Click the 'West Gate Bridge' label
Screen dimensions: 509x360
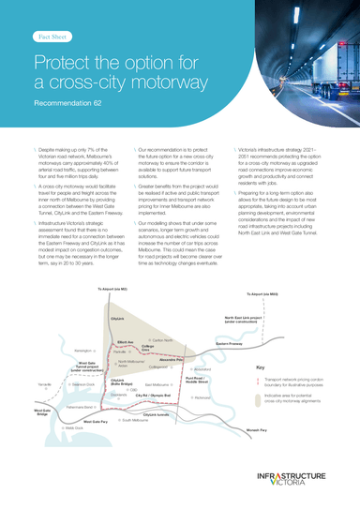(x=42, y=412)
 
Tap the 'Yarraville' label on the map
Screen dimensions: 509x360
(x=45, y=385)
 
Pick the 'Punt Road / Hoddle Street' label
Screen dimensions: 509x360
(x=198, y=379)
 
